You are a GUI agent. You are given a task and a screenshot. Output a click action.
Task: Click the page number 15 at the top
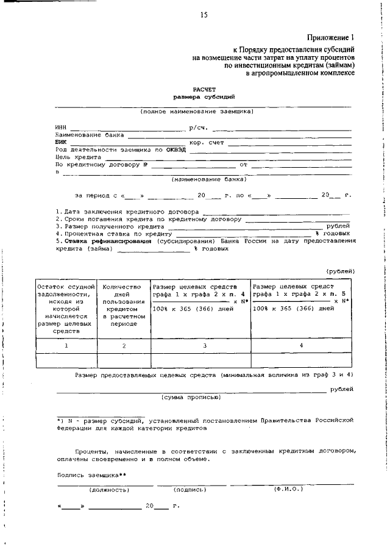[204, 15]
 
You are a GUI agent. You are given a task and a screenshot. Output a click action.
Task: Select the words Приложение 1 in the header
[331, 37]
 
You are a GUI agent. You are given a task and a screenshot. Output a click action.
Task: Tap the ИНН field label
[60, 127]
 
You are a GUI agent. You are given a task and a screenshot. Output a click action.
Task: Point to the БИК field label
[60, 142]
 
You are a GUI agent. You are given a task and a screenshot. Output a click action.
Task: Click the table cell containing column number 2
[124, 346]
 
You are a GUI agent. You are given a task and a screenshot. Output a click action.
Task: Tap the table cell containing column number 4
[301, 346]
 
